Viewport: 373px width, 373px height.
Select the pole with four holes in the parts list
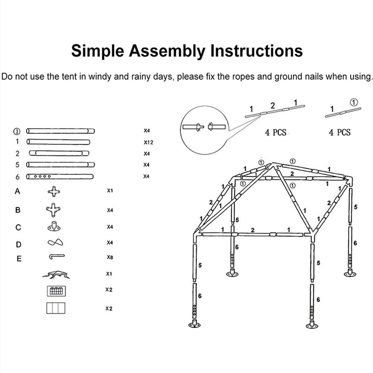tap(60, 177)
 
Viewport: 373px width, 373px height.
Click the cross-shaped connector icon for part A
tap(54, 192)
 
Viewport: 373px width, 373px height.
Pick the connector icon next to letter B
tap(53, 210)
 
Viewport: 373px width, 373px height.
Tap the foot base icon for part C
tap(53, 227)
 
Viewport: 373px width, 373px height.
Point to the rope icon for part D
tap(55, 242)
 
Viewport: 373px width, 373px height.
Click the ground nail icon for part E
tap(56, 257)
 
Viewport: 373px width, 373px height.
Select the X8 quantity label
tap(110, 257)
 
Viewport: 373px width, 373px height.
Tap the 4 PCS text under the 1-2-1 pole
tap(276, 133)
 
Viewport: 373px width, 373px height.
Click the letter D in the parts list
tap(18, 245)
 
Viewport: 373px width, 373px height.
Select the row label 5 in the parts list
tap(17, 165)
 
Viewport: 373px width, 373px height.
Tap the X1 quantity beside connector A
tap(110, 191)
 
